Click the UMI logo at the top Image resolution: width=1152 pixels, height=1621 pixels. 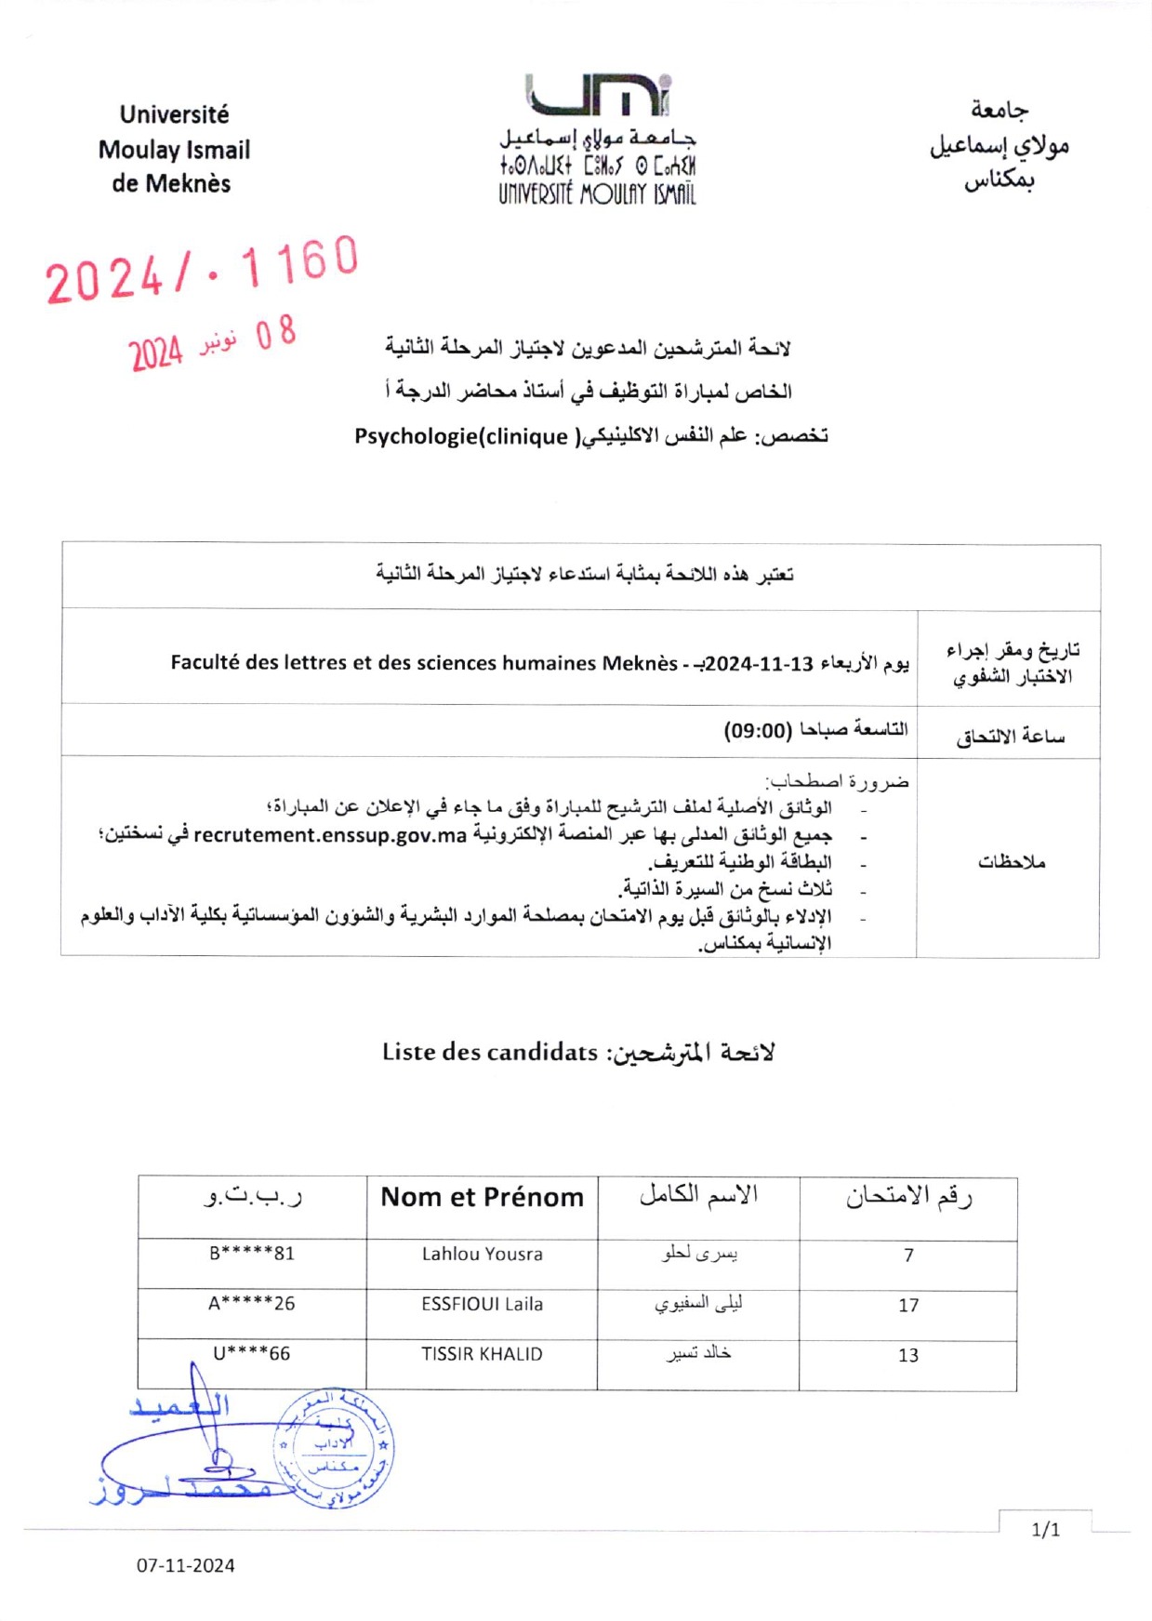click(598, 96)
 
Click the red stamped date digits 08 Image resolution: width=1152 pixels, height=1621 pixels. click(276, 334)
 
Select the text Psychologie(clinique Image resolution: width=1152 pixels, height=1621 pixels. click(461, 436)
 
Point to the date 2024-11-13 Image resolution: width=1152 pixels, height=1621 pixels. click(760, 664)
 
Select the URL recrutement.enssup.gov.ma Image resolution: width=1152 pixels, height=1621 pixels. click(330, 835)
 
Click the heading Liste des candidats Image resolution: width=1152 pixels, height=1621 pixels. click(490, 1052)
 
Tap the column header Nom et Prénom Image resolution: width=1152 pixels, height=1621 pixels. click(483, 1197)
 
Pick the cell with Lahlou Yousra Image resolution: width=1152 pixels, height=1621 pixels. click(482, 1254)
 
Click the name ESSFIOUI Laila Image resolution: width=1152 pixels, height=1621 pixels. click(482, 1304)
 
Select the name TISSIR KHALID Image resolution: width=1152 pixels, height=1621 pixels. click(482, 1354)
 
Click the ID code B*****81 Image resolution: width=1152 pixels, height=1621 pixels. click(252, 1253)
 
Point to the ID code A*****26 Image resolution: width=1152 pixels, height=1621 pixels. click(252, 1303)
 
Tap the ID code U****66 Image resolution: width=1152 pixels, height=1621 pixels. click(252, 1353)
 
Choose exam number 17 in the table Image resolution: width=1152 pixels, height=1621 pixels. click(908, 1306)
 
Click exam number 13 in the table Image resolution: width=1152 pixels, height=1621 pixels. click(908, 1355)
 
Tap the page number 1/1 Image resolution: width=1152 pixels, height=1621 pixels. click(1046, 1530)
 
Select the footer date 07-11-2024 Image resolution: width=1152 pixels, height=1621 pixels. click(186, 1565)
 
